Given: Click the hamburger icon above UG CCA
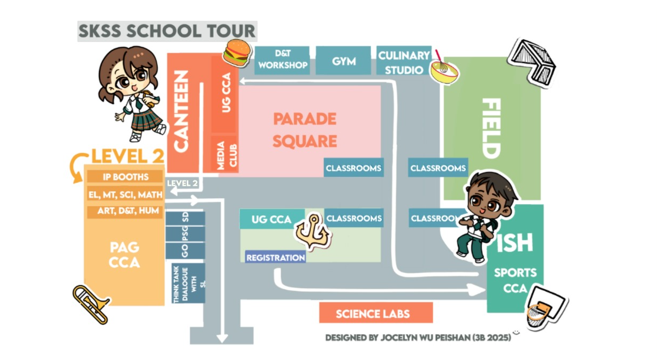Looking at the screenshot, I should (237, 51).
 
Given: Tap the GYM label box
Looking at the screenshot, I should (343, 61).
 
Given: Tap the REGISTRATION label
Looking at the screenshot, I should (275, 258).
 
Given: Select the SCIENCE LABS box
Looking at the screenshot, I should (375, 313).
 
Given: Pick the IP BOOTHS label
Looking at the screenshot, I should (125, 176).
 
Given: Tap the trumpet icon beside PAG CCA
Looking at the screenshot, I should (91, 304).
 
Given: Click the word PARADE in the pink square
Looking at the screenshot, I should (305, 119).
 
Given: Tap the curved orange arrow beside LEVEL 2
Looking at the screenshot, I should (79, 166).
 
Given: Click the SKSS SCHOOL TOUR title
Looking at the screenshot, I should (167, 31).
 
